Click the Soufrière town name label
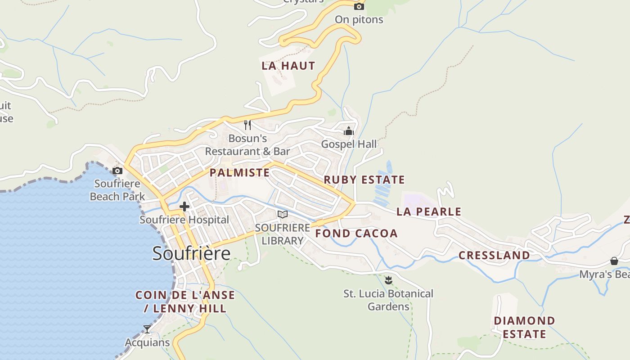click(191, 253)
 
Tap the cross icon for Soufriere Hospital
click(184, 207)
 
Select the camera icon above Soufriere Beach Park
click(117, 171)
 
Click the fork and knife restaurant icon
click(247, 125)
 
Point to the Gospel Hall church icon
click(349, 131)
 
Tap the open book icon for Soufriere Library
click(283, 214)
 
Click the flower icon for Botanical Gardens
click(388, 280)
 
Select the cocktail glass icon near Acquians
click(147, 329)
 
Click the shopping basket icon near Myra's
click(614, 261)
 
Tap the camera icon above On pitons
click(359, 6)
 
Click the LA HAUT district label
click(288, 66)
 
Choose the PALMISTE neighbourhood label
click(240, 173)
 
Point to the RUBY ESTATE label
click(364, 180)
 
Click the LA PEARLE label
click(429, 211)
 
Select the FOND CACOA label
click(356, 233)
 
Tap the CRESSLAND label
click(494, 255)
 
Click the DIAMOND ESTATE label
click(524, 327)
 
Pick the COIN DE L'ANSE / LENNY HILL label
click(185, 301)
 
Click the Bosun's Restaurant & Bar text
click(247, 144)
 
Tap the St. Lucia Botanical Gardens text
click(388, 300)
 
